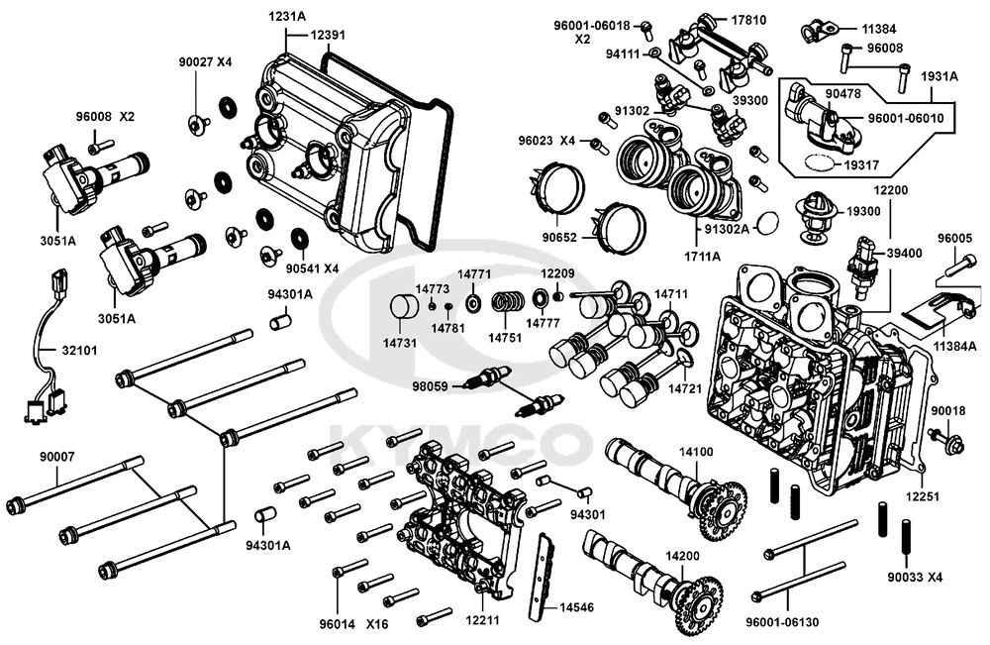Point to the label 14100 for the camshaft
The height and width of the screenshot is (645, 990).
tap(695, 452)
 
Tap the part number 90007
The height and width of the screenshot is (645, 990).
tap(55, 458)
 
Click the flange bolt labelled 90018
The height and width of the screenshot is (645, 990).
tap(941, 436)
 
